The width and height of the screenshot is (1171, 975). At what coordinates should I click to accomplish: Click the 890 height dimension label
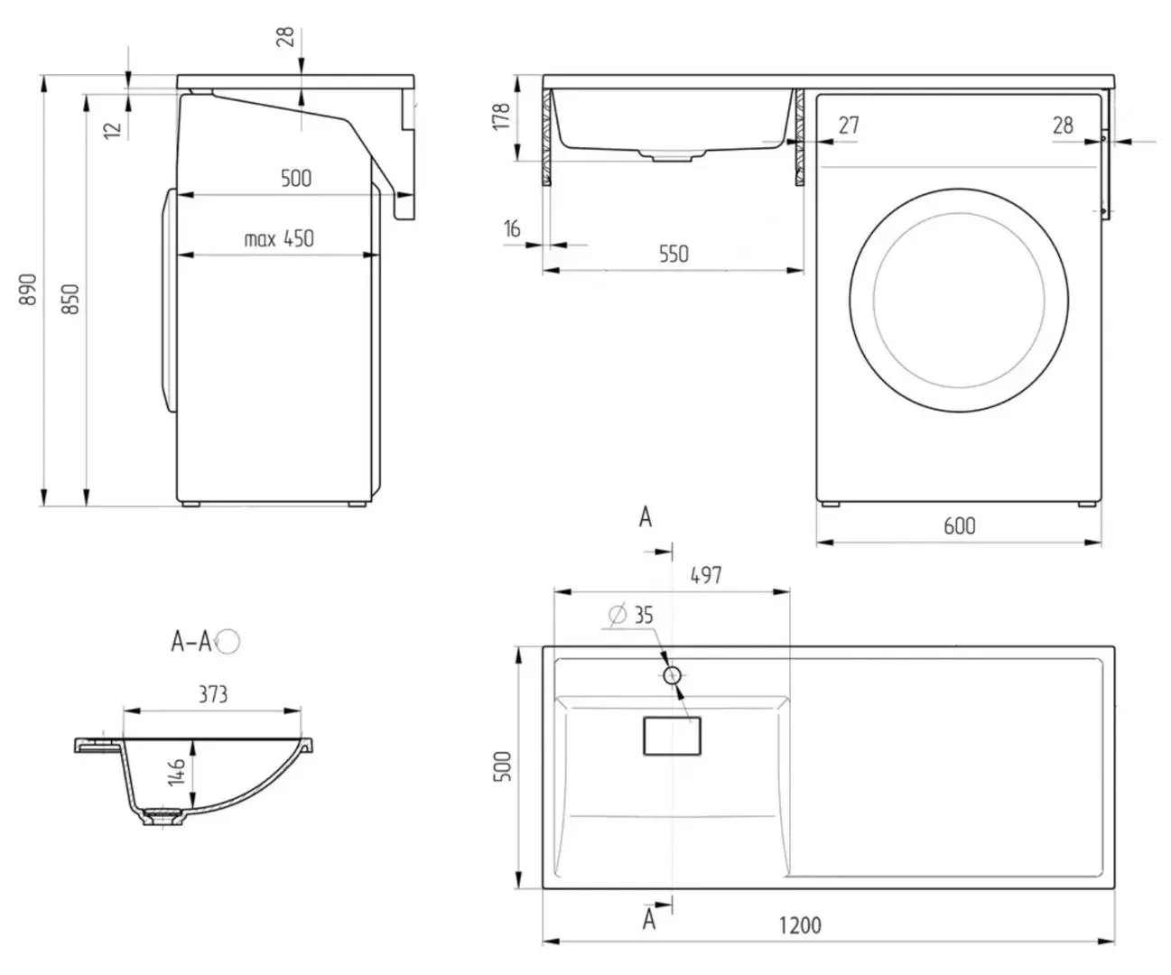click(x=29, y=288)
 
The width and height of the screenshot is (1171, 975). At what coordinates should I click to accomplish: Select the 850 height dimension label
click(x=71, y=298)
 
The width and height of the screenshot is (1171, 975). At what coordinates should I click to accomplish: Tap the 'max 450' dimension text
click(x=279, y=239)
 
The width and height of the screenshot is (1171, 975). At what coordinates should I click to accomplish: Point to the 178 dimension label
click(x=502, y=116)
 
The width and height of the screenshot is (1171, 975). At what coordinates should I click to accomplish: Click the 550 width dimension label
click(x=673, y=254)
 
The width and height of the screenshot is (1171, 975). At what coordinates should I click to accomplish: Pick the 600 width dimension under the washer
click(x=959, y=525)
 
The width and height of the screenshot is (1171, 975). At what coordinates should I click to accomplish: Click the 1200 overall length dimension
click(x=799, y=925)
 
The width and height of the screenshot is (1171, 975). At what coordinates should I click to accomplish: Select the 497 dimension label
click(x=705, y=574)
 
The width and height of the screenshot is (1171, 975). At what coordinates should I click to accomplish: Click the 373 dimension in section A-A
click(x=212, y=694)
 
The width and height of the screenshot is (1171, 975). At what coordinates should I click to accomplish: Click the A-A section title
click(x=192, y=641)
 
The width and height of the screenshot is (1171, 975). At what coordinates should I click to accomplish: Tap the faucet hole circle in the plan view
click(x=672, y=674)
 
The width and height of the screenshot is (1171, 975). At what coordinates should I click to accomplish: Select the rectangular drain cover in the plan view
click(x=671, y=736)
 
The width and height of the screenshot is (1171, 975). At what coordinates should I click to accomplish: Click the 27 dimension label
click(x=848, y=125)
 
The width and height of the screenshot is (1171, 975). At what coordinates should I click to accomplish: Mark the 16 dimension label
click(x=512, y=229)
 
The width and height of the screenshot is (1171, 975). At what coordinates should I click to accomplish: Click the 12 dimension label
click(x=112, y=128)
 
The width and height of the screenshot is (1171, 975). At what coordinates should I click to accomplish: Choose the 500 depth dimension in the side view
click(x=295, y=178)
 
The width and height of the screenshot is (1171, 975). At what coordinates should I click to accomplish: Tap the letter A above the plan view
click(x=646, y=517)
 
